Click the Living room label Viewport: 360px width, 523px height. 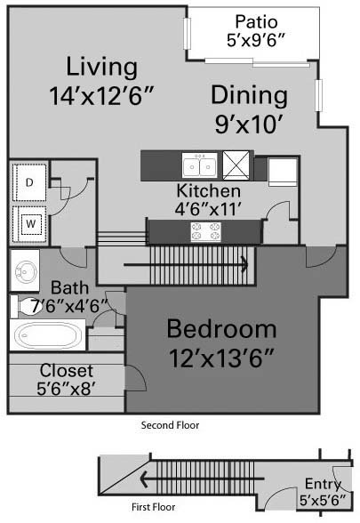pyautogui.click(x=102, y=68)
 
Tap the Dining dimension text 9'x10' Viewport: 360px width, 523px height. pyautogui.click(x=249, y=125)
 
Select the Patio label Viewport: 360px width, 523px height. pyautogui.click(x=256, y=21)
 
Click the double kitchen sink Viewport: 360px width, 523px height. pyautogui.click(x=200, y=165)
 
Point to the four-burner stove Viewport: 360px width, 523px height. pyautogui.click(x=206, y=232)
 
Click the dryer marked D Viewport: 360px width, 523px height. pyautogui.click(x=29, y=182)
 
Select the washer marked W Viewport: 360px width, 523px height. pyautogui.click(x=29, y=224)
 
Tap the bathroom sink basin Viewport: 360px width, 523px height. pyautogui.click(x=25, y=270)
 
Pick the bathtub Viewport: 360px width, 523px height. pyautogui.click(x=48, y=334)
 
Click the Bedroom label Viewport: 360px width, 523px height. pyautogui.click(x=221, y=329)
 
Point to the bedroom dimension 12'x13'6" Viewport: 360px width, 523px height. pyautogui.click(x=221, y=358)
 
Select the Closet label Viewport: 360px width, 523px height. pyautogui.click(x=67, y=370)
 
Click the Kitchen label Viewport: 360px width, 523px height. pyautogui.click(x=208, y=190)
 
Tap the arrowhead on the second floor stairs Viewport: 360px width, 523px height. pyautogui.click(x=245, y=265)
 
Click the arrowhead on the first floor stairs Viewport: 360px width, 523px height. pyautogui.click(x=144, y=479)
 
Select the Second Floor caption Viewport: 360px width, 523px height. pyautogui.click(x=170, y=425)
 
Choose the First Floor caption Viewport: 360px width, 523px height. pyautogui.click(x=153, y=507)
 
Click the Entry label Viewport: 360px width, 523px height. pyautogui.click(x=323, y=484)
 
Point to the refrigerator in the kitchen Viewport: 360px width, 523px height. pyautogui.click(x=283, y=173)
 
